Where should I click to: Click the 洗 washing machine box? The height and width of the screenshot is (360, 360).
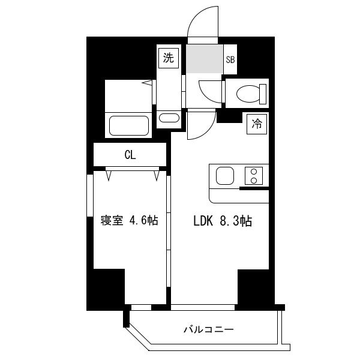click(x=169, y=58)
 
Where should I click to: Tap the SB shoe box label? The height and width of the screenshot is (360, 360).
click(x=230, y=59)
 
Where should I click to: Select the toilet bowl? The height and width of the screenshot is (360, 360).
click(x=248, y=94)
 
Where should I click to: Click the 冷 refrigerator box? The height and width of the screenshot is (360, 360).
click(x=257, y=124)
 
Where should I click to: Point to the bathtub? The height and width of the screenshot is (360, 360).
click(x=129, y=125)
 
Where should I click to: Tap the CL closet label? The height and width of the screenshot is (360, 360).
click(x=130, y=155)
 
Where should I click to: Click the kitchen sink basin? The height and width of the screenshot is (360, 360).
click(x=225, y=176)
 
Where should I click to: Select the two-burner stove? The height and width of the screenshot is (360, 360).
click(x=254, y=176)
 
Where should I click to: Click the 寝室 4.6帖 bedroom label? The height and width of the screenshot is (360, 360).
click(x=129, y=220)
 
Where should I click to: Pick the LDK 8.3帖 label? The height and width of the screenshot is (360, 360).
click(x=223, y=221)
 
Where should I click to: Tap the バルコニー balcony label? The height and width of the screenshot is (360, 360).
click(x=208, y=329)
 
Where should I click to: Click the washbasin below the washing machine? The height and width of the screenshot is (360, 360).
click(x=169, y=118)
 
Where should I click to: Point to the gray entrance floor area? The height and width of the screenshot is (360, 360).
click(x=205, y=59)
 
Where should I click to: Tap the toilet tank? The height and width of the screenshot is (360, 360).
click(x=263, y=94)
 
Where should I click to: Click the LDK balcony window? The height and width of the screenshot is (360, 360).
click(x=203, y=307)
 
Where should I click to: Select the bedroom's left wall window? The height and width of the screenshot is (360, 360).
click(x=90, y=196)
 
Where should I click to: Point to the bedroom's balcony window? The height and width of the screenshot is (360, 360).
click(x=141, y=307)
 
